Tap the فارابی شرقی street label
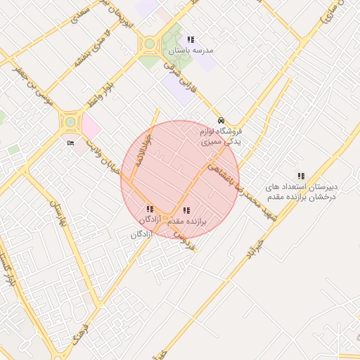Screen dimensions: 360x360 coord(173,74)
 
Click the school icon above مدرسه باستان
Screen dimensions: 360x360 coord(191,39)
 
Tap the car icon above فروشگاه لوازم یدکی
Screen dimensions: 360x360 coord(221,120)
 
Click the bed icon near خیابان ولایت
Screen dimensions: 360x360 coord(70,143)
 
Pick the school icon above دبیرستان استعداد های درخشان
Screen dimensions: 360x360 coord(301,176)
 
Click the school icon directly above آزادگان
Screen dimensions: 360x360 coord(149,209)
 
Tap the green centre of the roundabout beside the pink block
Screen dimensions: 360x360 coord(70,122)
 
